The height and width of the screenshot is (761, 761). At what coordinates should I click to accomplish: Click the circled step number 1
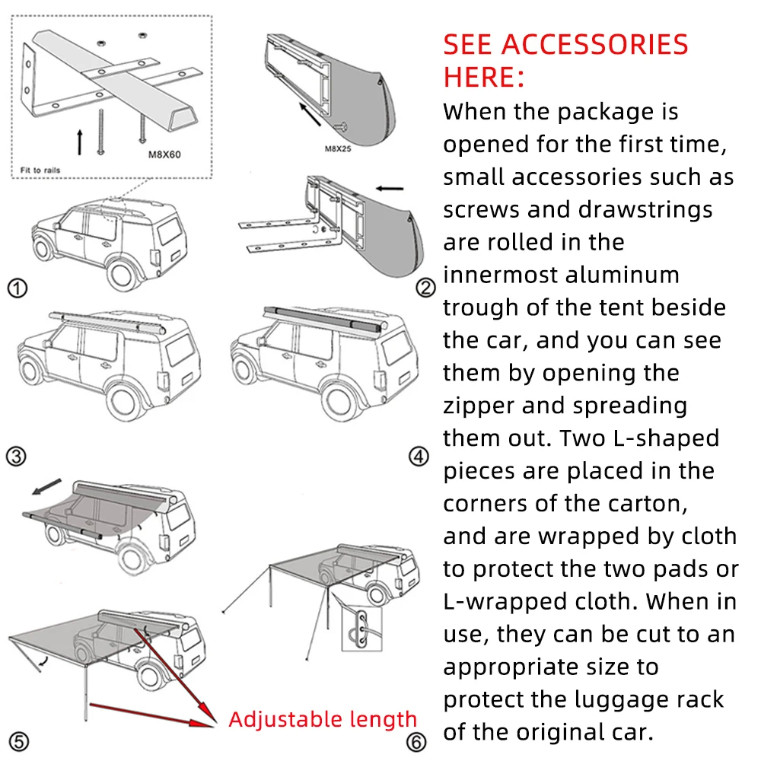[x=17, y=288]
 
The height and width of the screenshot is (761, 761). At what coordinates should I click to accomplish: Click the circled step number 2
[x=426, y=288]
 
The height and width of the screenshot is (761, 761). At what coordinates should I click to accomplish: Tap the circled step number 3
[x=17, y=457]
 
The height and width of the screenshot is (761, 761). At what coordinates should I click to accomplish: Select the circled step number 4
[x=419, y=457]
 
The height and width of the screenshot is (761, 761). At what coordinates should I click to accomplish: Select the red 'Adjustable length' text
[x=323, y=719]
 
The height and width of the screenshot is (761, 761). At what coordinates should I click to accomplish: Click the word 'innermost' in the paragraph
[x=499, y=275]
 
